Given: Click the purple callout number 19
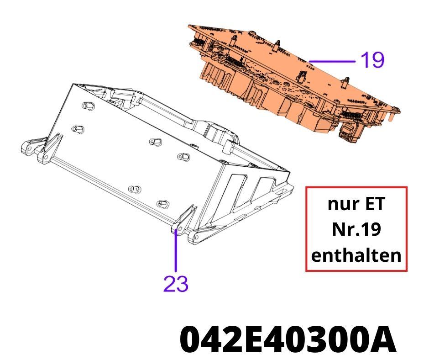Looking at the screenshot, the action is coord(372,60).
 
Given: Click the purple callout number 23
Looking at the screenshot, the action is coord(176,284).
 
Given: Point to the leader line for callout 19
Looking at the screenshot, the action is coord(332,61).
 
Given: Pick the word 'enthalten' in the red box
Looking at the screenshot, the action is coord(356,255).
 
